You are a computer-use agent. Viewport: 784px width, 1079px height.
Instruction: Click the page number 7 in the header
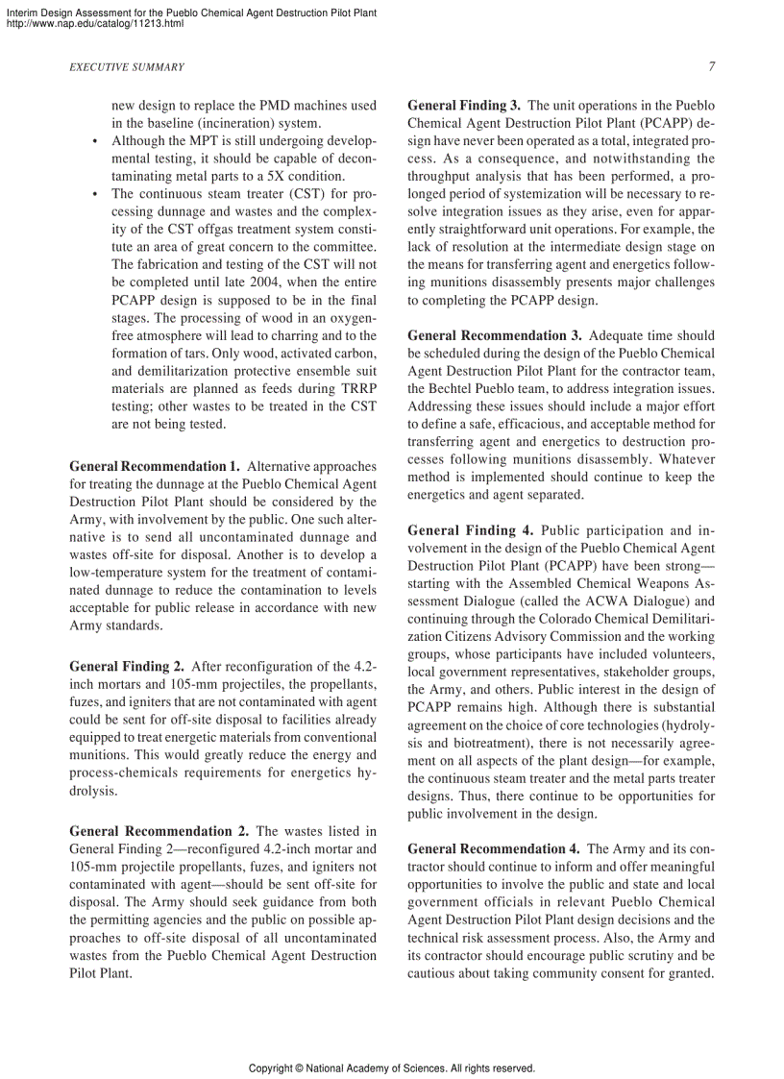711,67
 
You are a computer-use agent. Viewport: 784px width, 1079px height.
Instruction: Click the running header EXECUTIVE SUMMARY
127,67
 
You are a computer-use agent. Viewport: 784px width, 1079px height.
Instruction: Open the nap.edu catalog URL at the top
94,23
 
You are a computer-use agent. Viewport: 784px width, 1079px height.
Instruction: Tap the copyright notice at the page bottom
391,1067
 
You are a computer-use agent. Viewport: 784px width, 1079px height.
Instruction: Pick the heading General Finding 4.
470,530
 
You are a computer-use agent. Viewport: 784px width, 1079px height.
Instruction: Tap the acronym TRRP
355,388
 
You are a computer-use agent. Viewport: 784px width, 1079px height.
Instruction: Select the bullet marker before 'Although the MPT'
95,141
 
